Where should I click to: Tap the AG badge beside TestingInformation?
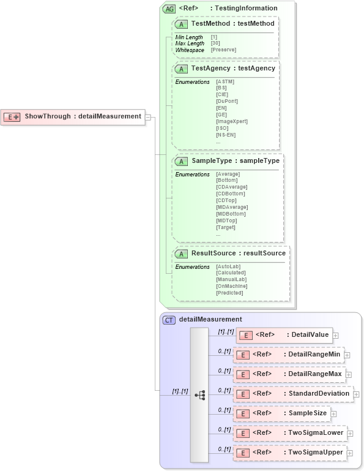[x=169, y=9]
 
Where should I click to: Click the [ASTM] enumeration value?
[x=225, y=81]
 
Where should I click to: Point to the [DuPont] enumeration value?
[x=227, y=101]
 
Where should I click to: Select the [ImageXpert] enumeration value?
[x=231, y=121]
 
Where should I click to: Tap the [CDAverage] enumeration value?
[x=231, y=187]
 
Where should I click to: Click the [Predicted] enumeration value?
[x=229, y=293]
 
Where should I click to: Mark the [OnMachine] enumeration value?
[x=231, y=286]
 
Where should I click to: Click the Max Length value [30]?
[x=215, y=43]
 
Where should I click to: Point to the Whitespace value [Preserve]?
[x=224, y=50]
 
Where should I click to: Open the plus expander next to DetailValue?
[x=335, y=335]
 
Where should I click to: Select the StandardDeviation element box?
[x=292, y=394]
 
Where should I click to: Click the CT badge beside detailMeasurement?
[x=169, y=319]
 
